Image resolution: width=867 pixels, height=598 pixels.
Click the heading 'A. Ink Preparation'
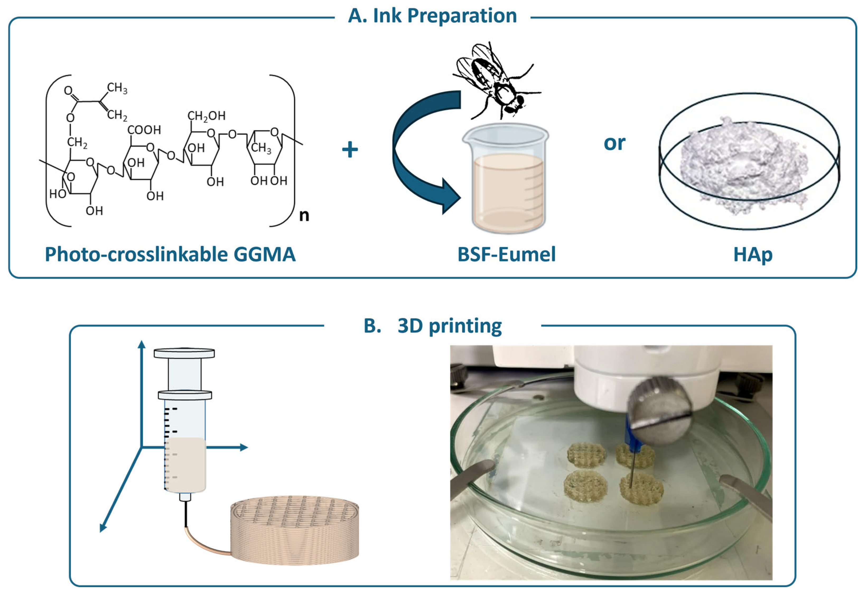432,16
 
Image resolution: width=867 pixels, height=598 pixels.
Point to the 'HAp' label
753,255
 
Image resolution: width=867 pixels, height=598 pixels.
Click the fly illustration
496,81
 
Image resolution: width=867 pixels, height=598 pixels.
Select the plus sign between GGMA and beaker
350,149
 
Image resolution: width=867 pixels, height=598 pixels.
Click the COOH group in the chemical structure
144,130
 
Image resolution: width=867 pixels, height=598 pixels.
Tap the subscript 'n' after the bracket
304,216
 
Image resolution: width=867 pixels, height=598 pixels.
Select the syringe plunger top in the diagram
184,353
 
